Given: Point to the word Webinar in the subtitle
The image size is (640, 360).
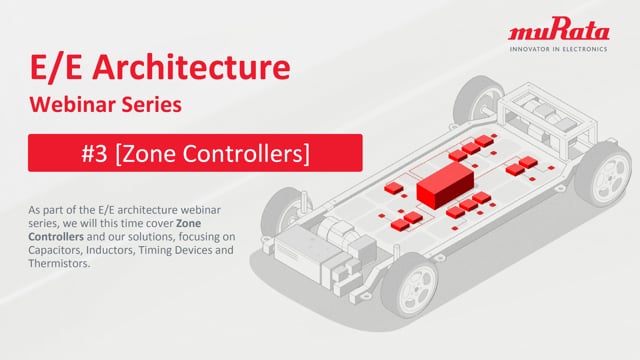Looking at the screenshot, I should coord(78,104).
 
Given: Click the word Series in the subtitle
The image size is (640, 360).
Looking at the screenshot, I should coord(158,104).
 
